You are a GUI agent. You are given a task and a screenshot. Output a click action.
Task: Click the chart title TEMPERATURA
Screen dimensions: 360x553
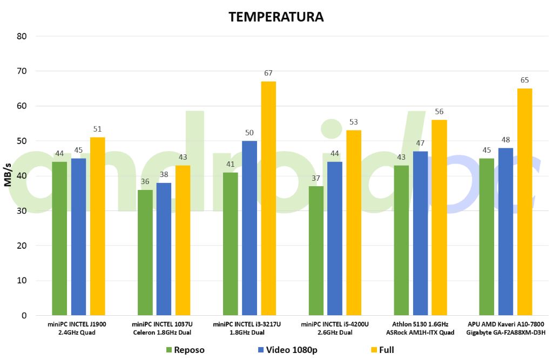pyautogui.click(x=276, y=17)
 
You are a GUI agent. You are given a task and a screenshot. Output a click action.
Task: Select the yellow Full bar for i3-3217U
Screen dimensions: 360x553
pyautogui.click(x=268, y=198)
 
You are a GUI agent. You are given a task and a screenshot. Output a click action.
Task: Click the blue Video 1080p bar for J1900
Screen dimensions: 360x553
pyautogui.click(x=78, y=236)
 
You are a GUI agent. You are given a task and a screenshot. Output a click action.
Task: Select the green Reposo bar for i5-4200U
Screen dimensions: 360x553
pyautogui.click(x=316, y=250)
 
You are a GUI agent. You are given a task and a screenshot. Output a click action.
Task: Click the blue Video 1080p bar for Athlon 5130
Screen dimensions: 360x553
pyautogui.click(x=420, y=233)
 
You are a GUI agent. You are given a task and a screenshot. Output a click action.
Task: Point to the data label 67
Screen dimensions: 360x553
pyautogui.click(x=268, y=73)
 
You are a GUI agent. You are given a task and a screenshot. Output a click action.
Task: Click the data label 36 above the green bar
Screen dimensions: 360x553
pyautogui.click(x=145, y=181)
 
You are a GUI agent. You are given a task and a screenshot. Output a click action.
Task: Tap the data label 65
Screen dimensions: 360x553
pyautogui.click(x=524, y=80)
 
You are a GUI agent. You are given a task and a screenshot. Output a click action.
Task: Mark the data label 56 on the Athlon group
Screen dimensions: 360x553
pyautogui.click(x=439, y=111)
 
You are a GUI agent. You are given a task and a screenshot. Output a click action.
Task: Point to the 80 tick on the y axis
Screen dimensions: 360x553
pyautogui.click(x=23, y=36)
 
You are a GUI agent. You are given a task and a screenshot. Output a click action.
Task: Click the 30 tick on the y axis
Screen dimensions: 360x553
pyautogui.click(x=23, y=211)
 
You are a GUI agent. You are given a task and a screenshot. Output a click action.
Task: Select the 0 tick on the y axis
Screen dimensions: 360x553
pyautogui.click(x=25, y=316)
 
